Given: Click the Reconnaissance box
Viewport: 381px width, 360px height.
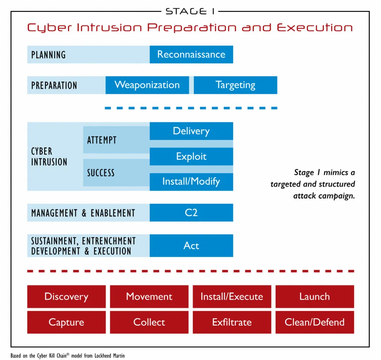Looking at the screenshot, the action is point(191,55).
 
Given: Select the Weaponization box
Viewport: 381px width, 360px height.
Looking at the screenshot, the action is point(147,85).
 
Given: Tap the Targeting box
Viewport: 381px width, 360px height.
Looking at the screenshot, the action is point(236,85).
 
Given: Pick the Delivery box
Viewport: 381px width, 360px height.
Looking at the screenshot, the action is point(191,131).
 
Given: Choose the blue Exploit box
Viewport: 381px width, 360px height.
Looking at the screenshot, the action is point(191,157).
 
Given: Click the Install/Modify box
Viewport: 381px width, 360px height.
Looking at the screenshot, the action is point(191,182).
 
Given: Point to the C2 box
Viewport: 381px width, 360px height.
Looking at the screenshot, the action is point(191,213).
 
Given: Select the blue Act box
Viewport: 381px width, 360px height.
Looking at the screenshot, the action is point(191,245).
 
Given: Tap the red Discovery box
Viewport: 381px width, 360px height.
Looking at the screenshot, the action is point(66,297).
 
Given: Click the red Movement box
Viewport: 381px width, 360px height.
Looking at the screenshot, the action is point(149,297).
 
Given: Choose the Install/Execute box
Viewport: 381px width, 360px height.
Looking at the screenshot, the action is point(232,297).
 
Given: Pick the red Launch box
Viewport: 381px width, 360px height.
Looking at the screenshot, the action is point(315,297).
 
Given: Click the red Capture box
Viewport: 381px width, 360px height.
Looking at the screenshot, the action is point(66,322).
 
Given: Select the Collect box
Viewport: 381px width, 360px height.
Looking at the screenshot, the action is point(149,322).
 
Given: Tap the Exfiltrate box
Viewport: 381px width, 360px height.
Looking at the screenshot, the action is point(232,322).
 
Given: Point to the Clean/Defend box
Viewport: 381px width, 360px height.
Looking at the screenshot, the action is point(315,322).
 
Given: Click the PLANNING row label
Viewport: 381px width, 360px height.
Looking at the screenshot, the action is point(48,55).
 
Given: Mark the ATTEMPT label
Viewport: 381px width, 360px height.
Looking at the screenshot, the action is point(102,140).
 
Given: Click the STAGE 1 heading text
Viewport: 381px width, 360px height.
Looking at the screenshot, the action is point(190,11).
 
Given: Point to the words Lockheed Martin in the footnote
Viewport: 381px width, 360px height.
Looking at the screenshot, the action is point(110,356).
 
